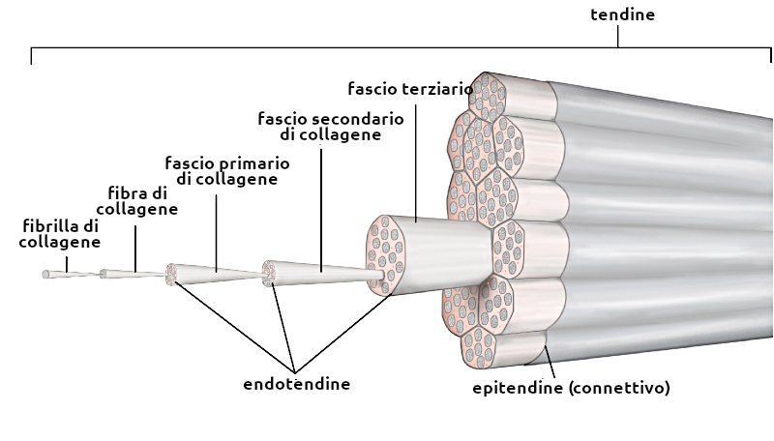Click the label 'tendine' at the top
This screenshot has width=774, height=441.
point(622,15)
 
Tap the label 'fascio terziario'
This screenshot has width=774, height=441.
point(409,89)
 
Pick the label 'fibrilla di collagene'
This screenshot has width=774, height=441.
point(60,233)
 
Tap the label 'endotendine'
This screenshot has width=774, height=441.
point(296,384)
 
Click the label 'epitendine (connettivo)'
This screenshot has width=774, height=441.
point(571,388)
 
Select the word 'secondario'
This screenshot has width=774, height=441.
point(347,118)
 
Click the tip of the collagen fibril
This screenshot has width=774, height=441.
point(45,275)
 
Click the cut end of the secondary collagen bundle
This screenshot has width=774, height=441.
point(271,274)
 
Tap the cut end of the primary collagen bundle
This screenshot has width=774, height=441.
point(171,275)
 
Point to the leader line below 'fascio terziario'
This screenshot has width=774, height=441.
point(415,160)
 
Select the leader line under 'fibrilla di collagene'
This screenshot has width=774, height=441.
point(67,261)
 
